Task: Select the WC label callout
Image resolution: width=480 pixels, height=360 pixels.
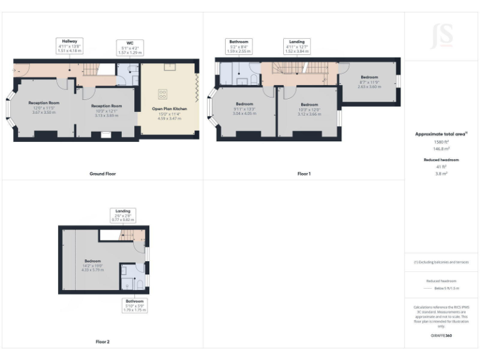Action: tap(130, 47)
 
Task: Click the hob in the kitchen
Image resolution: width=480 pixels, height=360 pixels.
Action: tap(164, 94)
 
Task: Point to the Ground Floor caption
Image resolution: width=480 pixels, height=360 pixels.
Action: tap(102, 173)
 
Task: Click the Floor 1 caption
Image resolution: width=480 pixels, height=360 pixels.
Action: tap(304, 173)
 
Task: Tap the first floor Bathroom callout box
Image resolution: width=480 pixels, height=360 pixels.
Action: tap(239, 46)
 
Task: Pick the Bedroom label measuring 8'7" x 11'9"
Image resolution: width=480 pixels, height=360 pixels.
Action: tap(369, 82)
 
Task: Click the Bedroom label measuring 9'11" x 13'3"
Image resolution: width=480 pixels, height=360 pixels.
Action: tap(244, 108)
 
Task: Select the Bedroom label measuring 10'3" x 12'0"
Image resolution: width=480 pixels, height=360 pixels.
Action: tap(309, 109)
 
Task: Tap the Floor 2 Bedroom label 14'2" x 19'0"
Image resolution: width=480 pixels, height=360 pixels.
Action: tap(92, 265)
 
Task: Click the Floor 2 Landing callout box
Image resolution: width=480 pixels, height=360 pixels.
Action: tap(122, 216)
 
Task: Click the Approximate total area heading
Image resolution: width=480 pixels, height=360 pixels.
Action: tap(441, 134)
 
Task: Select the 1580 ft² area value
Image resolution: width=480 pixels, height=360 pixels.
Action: tap(441, 142)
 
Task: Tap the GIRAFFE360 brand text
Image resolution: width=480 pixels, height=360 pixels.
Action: tap(441, 337)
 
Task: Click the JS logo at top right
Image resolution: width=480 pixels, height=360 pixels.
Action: tap(442, 36)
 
